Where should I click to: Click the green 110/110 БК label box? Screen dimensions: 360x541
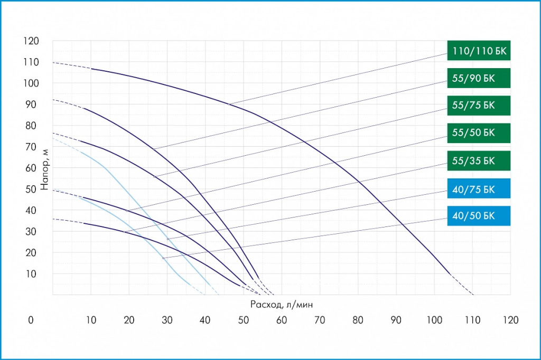[479, 51]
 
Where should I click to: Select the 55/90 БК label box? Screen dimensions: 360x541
[479, 79]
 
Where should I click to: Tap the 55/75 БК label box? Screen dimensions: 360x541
[479, 106]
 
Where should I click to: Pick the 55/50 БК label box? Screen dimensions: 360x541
[479, 132]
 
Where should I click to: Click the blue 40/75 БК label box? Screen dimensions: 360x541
[479, 188]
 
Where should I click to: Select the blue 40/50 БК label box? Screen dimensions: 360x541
[479, 216]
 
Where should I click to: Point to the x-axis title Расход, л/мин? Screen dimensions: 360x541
[282, 305]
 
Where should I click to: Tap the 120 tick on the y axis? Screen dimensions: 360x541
[31, 41]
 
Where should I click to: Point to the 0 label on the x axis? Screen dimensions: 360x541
[31, 320]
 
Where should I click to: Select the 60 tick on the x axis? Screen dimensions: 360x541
[282, 320]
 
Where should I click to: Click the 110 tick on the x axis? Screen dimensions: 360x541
[472, 320]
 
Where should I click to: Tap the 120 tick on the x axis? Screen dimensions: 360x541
[510, 320]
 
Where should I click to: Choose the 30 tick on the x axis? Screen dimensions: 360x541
[167, 320]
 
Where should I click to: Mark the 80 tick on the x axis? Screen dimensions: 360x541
[358, 320]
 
